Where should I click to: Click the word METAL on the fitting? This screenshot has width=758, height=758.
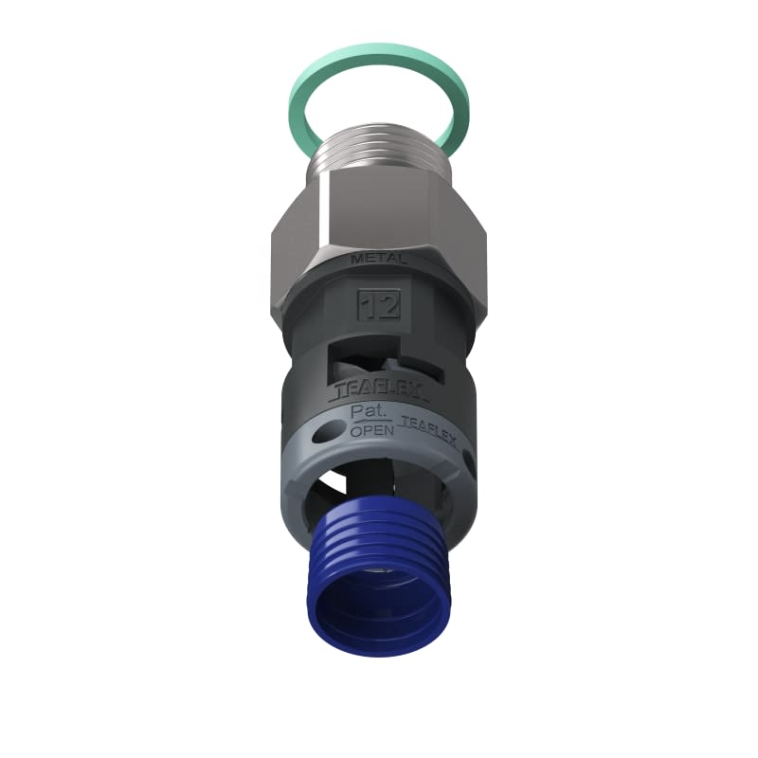(379, 258)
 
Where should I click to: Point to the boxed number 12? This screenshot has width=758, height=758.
(379, 305)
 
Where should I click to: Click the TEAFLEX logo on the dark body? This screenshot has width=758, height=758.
(379, 390)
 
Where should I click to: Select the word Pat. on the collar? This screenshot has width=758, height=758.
(366, 412)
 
